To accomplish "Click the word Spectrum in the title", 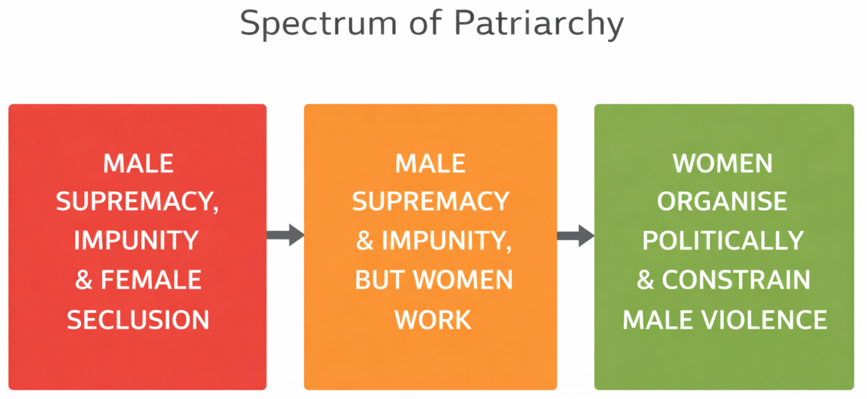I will [318, 23].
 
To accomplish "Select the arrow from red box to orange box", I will [286, 235].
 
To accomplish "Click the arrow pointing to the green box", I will [576, 235].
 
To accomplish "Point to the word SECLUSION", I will [138, 320].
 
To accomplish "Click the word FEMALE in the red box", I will [151, 280].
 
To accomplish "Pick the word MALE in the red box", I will [138, 164].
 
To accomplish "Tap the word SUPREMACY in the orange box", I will [431, 202].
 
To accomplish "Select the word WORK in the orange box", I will [433, 320].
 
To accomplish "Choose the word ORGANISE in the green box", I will [722, 202].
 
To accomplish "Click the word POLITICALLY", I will [723, 240].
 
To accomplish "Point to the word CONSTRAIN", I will [736, 280].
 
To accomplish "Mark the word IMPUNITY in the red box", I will [136, 240].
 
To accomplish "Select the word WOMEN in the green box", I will [723, 164].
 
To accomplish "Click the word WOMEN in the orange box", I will [463, 280].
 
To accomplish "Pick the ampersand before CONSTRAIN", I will [645, 280].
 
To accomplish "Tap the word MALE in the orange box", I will [430, 164].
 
